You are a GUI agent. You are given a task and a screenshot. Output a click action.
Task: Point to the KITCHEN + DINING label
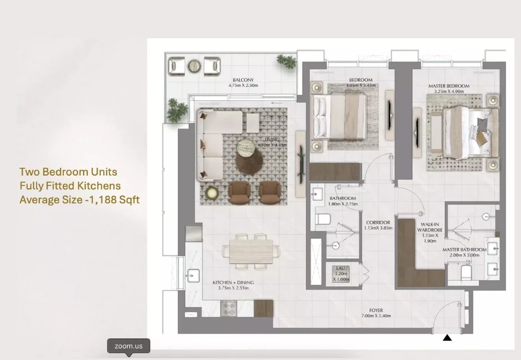[233, 285]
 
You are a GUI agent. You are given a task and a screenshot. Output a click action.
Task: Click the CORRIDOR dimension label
[377, 225]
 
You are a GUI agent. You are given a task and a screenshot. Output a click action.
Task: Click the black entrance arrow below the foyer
[447, 337]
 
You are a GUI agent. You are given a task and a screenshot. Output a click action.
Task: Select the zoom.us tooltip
[129, 346]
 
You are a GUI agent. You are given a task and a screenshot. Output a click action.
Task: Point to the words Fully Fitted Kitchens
[70, 186]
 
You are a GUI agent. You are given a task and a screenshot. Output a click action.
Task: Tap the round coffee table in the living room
[249, 148]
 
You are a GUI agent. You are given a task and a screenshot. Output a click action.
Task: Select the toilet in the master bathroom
[466, 272]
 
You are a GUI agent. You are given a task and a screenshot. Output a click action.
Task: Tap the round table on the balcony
[195, 66]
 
